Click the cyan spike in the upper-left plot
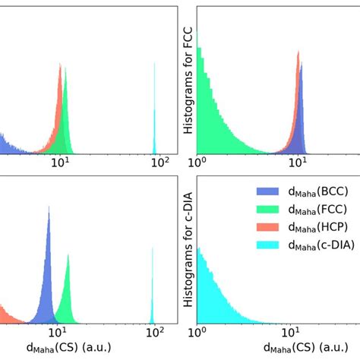(x=154, y=114)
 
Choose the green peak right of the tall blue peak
(x=68, y=289)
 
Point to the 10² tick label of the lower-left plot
(x=156, y=332)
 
